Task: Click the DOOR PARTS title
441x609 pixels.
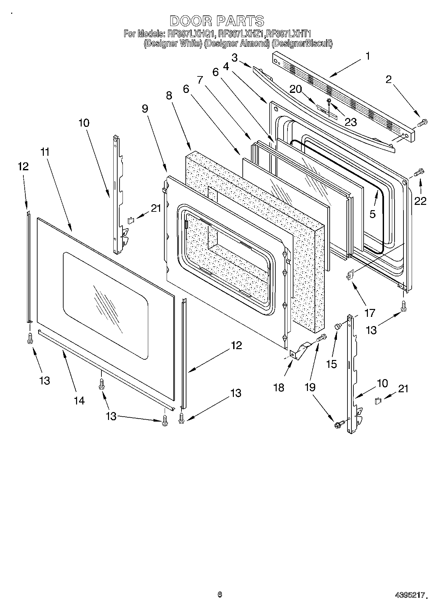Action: pos(217,21)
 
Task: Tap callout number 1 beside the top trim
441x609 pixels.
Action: pos(368,56)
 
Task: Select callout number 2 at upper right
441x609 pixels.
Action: pos(389,79)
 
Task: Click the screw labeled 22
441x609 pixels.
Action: pos(420,172)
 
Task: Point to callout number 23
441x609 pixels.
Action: pos(350,122)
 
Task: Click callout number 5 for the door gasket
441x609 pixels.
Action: pos(372,214)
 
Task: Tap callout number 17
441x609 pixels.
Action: pos(370,312)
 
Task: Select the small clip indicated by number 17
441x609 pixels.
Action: pos(350,274)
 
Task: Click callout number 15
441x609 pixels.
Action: pos(332,364)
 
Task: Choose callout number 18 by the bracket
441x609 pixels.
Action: pos(279,387)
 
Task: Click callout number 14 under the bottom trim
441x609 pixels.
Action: pos(79,400)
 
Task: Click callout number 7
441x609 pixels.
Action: pos(200,80)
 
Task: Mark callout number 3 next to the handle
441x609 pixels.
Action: pos(234,58)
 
